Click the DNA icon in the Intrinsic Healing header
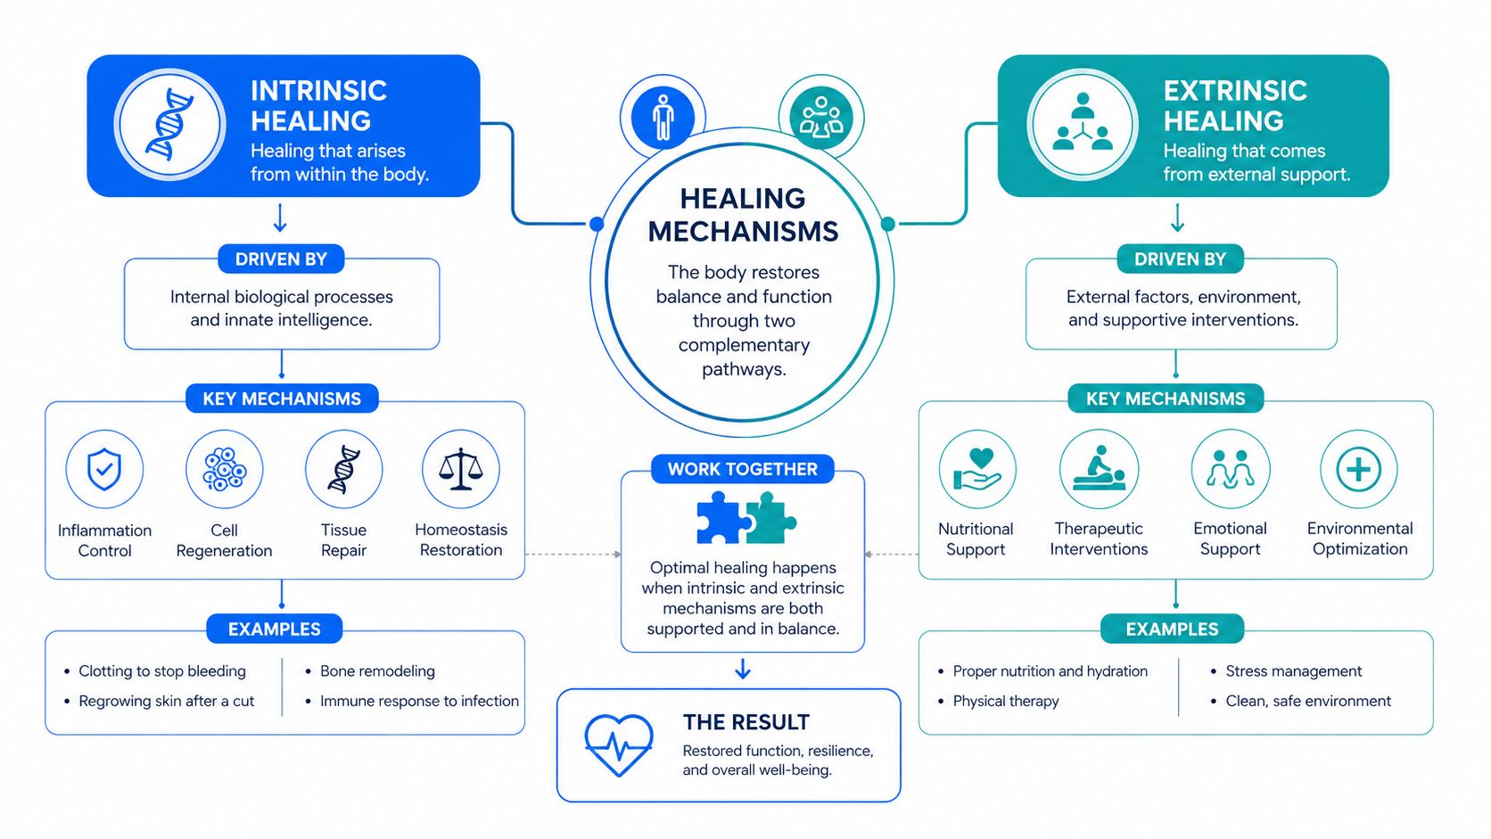(169, 125)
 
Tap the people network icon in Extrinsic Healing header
(1083, 122)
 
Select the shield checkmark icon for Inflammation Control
(104, 469)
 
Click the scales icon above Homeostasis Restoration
(461, 469)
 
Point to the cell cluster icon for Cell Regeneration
(225, 469)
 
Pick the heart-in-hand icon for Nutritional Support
(977, 469)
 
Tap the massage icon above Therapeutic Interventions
(1099, 469)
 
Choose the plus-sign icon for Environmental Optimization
(1358, 470)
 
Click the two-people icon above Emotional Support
(1230, 469)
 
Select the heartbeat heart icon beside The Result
(618, 745)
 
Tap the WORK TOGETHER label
(742, 469)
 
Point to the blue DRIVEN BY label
(281, 259)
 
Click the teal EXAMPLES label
(1172, 629)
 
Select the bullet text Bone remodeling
(377, 670)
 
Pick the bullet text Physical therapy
(1006, 702)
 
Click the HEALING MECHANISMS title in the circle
(743, 215)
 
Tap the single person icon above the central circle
(663, 118)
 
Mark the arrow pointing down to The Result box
(743, 669)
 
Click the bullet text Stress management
(1294, 671)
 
